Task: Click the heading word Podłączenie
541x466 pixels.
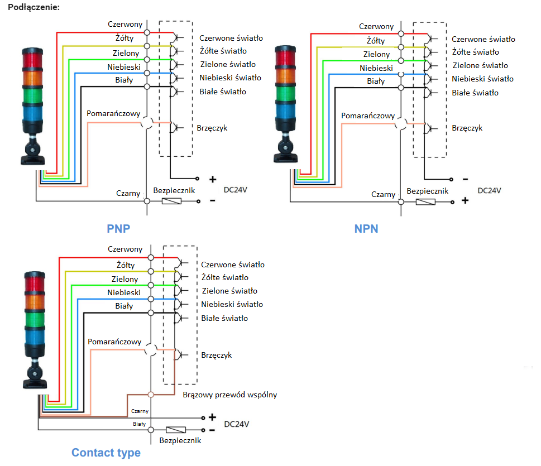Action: point(34,8)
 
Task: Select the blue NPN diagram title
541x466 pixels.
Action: point(366,228)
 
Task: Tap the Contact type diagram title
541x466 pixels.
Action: point(106,453)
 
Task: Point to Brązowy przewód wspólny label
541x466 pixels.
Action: point(229,395)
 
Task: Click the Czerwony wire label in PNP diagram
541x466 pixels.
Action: point(126,25)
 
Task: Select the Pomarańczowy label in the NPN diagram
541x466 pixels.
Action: point(368,116)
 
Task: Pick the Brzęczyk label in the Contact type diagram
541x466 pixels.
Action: point(216,355)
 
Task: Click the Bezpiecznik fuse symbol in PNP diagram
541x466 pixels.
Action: point(171,200)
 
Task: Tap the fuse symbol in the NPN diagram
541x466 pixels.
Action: point(426,201)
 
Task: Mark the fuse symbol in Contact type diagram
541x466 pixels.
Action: point(176,430)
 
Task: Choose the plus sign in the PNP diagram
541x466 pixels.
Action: point(213,180)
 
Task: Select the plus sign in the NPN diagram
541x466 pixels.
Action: point(465,200)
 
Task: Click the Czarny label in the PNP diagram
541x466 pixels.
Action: point(128,193)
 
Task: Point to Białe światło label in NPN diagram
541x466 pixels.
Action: point(475,93)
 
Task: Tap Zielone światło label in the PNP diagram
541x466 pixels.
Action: point(227,65)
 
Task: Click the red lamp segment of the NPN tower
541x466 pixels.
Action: point(289,58)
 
